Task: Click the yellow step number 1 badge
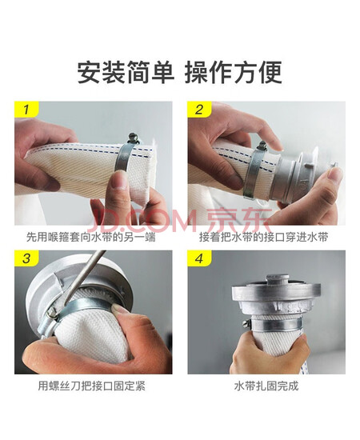(26, 109)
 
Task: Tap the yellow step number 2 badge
(199, 109)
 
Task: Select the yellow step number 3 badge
(26, 258)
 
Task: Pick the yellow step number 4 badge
(199, 258)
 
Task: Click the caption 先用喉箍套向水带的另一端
(91, 237)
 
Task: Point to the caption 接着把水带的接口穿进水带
(264, 237)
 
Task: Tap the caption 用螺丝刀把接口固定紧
(92, 386)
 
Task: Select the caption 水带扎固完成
(266, 386)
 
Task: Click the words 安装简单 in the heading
(125, 73)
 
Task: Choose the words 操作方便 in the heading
(233, 73)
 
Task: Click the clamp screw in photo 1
(133, 138)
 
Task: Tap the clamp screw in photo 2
(262, 146)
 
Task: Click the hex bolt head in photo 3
(50, 312)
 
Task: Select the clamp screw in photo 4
(246, 323)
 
